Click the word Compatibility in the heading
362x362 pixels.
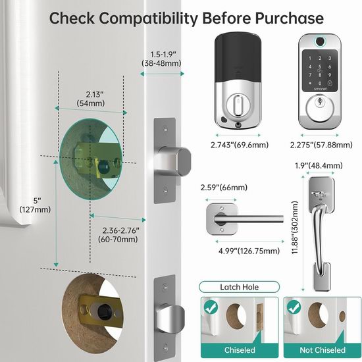pyautogui.click(x=148, y=18)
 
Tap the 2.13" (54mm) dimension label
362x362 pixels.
pyautogui.click(x=91, y=99)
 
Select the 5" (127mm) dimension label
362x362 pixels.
pyautogui.click(x=35, y=205)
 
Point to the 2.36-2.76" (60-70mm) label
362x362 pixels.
pyautogui.click(x=118, y=235)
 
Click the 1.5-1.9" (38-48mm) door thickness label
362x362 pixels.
pyautogui.click(x=161, y=59)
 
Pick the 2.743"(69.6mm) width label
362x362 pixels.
pyautogui.click(x=240, y=145)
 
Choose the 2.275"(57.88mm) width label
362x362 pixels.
pyautogui.click(x=321, y=145)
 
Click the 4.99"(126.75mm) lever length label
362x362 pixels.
pyautogui.click(x=249, y=251)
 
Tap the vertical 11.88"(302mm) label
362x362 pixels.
pyautogui.click(x=295, y=228)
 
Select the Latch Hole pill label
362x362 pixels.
pyautogui.click(x=239, y=287)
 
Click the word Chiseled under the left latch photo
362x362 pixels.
pyautogui.click(x=240, y=350)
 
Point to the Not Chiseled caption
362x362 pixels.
pyautogui.click(x=323, y=350)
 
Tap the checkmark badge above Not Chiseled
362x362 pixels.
pyautogui.click(x=294, y=307)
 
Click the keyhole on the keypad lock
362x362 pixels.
pyautogui.click(x=320, y=101)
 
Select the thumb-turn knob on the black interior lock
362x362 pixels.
pyautogui.click(x=238, y=105)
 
